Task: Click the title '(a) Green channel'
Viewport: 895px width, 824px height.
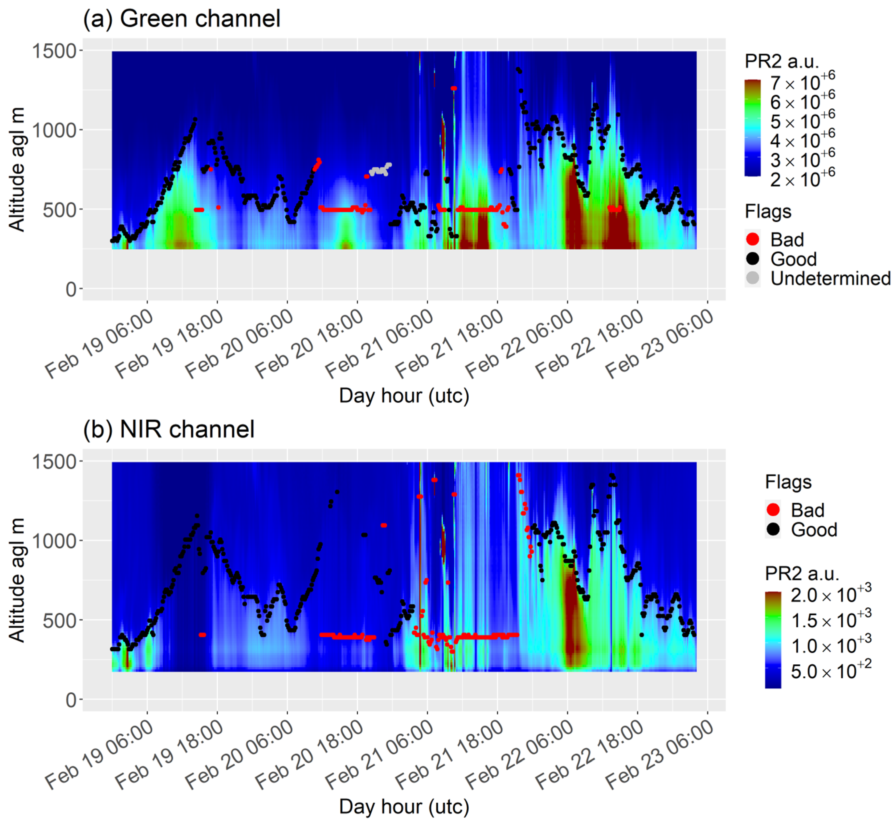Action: tap(181, 19)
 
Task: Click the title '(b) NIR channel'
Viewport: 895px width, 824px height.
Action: tap(168, 430)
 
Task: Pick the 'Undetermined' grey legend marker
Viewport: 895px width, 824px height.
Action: tap(752, 278)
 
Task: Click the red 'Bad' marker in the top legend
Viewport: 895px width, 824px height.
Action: tap(752, 239)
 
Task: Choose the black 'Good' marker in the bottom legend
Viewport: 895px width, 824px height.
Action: tap(773, 530)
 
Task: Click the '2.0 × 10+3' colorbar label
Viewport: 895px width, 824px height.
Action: tap(830, 595)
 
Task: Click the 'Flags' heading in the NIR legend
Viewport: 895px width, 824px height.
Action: tap(788, 482)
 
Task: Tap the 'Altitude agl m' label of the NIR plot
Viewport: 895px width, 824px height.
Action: tap(17, 580)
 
